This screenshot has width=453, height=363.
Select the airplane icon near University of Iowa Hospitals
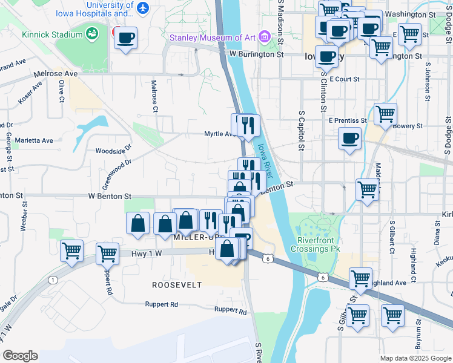[x=142, y=8]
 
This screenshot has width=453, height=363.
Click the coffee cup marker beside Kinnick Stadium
[x=125, y=39]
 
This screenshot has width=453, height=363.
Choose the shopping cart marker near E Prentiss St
[x=385, y=114]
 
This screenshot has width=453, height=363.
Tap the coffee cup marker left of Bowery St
[x=349, y=139]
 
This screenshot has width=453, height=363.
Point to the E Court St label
[x=346, y=79]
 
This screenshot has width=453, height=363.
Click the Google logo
[x=20, y=355]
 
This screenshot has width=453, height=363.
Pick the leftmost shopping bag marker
[x=138, y=223]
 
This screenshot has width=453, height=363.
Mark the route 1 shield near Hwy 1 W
[x=53, y=279]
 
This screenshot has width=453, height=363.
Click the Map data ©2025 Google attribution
[x=415, y=358]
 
